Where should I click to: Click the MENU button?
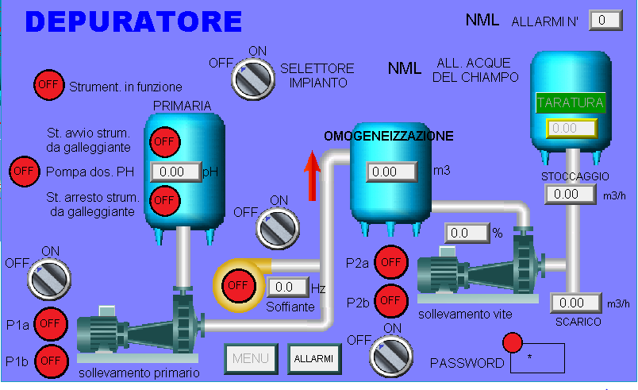point(251,359)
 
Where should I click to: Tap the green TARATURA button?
point(571,102)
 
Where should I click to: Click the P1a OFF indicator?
point(50,323)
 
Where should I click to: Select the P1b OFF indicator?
point(51,361)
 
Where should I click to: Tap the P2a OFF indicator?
point(391,262)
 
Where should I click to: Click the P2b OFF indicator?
point(390,301)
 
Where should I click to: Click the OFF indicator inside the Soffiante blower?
point(238,285)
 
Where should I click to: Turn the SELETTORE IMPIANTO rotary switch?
point(252,79)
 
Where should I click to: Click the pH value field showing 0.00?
point(176,172)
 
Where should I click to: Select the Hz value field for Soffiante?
point(287,287)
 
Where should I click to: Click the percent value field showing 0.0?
point(467,233)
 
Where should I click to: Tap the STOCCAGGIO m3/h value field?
point(571,194)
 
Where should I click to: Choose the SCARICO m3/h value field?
point(576,303)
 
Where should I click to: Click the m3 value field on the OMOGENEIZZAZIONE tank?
point(391,172)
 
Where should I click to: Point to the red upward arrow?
point(312,176)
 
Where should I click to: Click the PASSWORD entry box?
point(537,358)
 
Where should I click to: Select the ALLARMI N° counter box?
point(605,21)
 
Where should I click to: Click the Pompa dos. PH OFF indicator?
point(24,172)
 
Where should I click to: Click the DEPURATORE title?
point(134,21)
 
